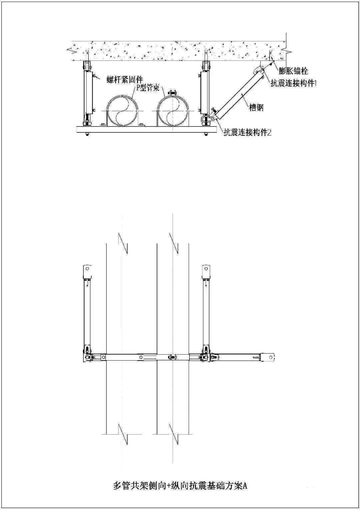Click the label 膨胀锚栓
(293, 71)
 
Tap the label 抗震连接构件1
(293, 83)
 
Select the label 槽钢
(256, 107)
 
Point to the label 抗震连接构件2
(247, 132)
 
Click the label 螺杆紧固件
(125, 79)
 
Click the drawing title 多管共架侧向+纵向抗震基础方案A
(180, 485)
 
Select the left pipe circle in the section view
(122, 111)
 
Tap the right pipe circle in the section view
(173, 111)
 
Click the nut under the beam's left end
(87, 134)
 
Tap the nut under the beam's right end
(206, 134)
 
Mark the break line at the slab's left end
(71, 51)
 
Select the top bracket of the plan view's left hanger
(87, 272)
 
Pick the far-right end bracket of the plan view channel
(268, 357)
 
